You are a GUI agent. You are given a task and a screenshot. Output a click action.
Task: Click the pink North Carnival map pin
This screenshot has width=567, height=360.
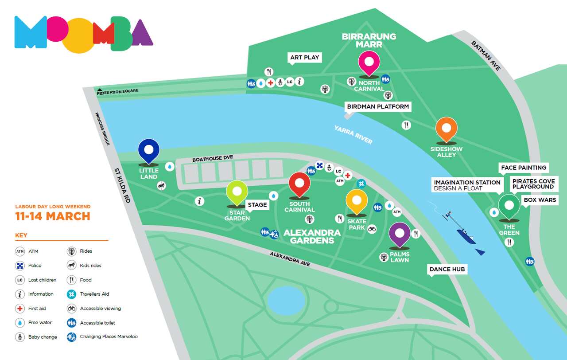pyautogui.click(x=369, y=63)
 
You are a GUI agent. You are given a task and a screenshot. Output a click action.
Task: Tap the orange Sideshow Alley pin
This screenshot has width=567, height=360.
pyautogui.click(x=446, y=129)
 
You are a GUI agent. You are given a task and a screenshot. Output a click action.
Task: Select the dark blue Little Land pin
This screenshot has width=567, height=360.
pyautogui.click(x=149, y=151)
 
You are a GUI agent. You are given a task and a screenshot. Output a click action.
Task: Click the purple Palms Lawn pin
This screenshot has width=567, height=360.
pyautogui.click(x=400, y=234)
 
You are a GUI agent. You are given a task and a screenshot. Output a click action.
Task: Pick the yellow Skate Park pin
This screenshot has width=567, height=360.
pyautogui.click(x=357, y=202)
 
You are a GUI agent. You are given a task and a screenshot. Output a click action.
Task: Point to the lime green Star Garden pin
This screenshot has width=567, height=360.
pyautogui.click(x=237, y=192)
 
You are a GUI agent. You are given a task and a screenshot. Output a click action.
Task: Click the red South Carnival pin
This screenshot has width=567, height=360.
pyautogui.click(x=299, y=184)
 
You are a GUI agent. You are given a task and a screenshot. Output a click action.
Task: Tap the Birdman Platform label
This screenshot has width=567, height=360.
pyautogui.click(x=378, y=107)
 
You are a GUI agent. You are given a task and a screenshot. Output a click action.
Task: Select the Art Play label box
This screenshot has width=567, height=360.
pyautogui.click(x=304, y=58)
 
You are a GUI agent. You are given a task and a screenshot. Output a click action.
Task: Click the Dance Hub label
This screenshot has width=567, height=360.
pyautogui.click(x=447, y=269)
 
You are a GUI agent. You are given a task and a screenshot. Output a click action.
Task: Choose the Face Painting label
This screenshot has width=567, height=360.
pyautogui.click(x=523, y=168)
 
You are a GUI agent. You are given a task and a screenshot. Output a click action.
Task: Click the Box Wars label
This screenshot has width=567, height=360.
pyautogui.click(x=540, y=200)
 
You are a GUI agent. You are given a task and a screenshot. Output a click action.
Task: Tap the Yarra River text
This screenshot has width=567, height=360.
pyautogui.click(x=353, y=134)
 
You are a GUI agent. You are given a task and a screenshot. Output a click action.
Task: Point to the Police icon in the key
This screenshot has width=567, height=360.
pyautogui.click(x=20, y=266)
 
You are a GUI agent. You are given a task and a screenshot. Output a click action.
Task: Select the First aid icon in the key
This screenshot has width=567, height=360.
pyautogui.click(x=20, y=309)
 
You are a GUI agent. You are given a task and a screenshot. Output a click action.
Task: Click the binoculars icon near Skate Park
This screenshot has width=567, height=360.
pyautogui.click(x=372, y=229)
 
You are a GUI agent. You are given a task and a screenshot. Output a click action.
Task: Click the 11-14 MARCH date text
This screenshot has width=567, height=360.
pyautogui.click(x=53, y=216)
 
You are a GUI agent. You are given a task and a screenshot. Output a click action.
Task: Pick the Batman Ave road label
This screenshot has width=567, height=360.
pyautogui.click(x=486, y=56)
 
